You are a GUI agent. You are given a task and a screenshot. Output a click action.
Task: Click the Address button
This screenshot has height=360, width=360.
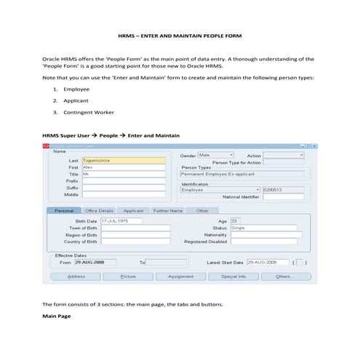pyautogui.click(x=76, y=276)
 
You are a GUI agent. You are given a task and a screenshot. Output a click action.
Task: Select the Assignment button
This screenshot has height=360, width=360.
pyautogui.click(x=180, y=276)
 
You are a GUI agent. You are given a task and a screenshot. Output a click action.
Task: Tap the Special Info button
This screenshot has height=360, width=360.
pyautogui.click(x=233, y=276)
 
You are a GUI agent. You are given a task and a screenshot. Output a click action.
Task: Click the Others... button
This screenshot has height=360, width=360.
pyautogui.click(x=285, y=276)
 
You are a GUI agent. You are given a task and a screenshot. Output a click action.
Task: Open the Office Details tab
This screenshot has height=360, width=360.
pyautogui.click(x=99, y=211)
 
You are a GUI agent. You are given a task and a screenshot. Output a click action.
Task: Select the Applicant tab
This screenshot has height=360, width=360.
pyautogui.click(x=133, y=211)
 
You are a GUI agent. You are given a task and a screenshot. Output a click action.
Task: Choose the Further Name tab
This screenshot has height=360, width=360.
pyautogui.click(x=167, y=211)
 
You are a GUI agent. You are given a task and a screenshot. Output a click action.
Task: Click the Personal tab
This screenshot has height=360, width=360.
pyautogui.click(x=64, y=211)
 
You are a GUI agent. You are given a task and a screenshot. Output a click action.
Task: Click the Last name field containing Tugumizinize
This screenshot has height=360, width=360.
pyautogui.click(x=113, y=160)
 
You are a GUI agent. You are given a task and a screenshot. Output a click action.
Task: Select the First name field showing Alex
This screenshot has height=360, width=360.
pyautogui.click(x=113, y=167)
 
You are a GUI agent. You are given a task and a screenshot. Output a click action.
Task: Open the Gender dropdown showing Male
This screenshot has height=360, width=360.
pyautogui.click(x=216, y=155)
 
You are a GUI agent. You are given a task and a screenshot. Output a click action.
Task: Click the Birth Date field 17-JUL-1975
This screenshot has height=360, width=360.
pyautogui.click(x=120, y=220)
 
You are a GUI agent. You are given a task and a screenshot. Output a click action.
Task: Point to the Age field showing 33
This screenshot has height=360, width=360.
pyautogui.click(x=236, y=220)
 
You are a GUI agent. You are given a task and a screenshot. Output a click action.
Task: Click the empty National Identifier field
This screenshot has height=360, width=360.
pyautogui.click(x=283, y=196)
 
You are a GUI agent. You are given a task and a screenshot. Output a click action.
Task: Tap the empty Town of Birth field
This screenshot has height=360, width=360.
pyautogui.click(x=135, y=228)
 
